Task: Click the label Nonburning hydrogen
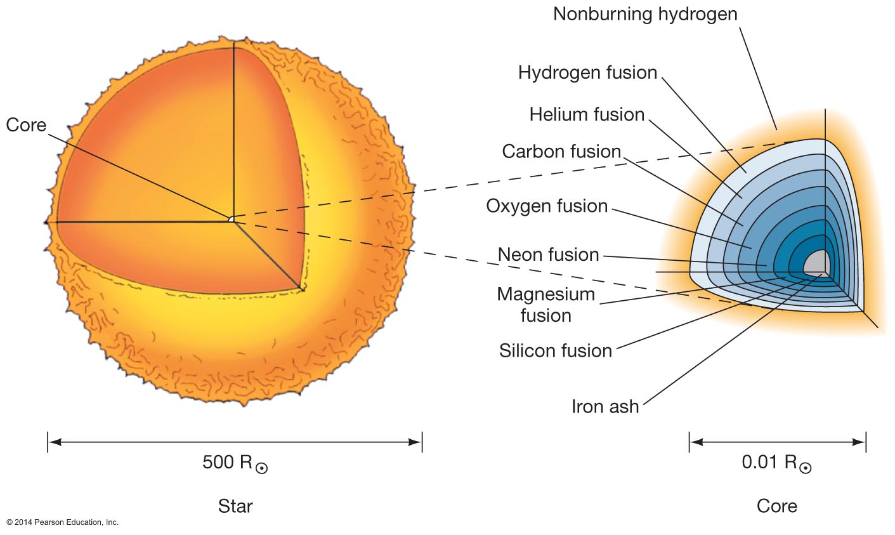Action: coord(645,15)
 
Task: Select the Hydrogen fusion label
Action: coord(587,73)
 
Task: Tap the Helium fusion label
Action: coord(587,115)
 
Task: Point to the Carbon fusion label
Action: coord(561,152)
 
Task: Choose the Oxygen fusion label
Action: coord(547,206)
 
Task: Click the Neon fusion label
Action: coord(548,254)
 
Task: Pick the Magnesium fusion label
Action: coord(545,305)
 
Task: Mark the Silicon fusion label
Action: coord(556,351)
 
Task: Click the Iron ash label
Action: coord(605,407)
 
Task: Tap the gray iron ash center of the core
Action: coord(817,263)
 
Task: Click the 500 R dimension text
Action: coord(235,463)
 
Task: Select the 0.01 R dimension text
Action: coord(776,463)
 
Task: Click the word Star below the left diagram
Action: coord(235,506)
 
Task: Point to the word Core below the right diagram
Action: coord(777,506)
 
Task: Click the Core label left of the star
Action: coord(26,125)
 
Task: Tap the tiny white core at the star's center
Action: coord(231,219)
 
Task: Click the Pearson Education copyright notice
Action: coord(62,522)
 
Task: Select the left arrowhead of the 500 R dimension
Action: coord(55,442)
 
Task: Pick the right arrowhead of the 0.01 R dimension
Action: coord(859,442)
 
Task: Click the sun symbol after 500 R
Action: coord(262,468)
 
